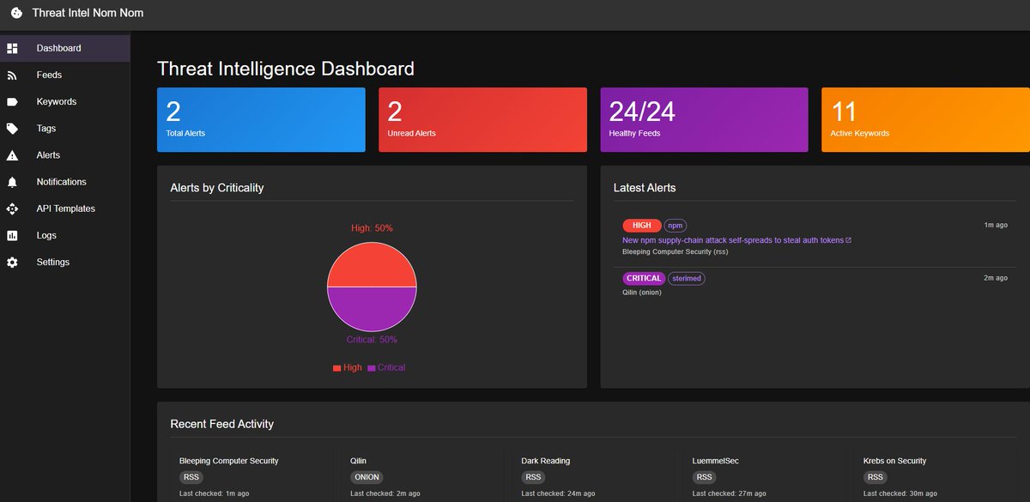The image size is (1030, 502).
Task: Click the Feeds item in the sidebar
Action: click(49, 75)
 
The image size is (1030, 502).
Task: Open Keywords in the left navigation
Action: click(56, 101)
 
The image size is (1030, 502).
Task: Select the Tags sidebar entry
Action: click(46, 128)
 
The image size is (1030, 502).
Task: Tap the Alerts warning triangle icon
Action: click(12, 155)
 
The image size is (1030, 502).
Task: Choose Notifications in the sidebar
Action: click(61, 182)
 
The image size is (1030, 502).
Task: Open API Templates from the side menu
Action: click(65, 209)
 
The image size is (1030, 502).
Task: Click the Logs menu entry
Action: click(46, 235)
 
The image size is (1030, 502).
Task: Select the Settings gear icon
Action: click(12, 262)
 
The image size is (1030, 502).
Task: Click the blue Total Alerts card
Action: click(261, 119)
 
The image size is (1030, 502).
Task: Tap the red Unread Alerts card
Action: click(482, 119)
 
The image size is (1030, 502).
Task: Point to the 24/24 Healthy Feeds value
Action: click(642, 112)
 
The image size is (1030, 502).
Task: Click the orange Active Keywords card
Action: click(925, 119)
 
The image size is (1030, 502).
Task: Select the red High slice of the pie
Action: click(372, 264)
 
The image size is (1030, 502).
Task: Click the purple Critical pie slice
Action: click(372, 309)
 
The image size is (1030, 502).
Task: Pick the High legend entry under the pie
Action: click(348, 367)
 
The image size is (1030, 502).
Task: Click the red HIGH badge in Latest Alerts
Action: click(641, 226)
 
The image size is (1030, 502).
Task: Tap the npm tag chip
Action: click(676, 226)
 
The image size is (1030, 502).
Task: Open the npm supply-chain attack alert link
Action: click(733, 240)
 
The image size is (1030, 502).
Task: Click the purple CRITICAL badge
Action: click(643, 278)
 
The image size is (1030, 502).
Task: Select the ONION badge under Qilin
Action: click(367, 477)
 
